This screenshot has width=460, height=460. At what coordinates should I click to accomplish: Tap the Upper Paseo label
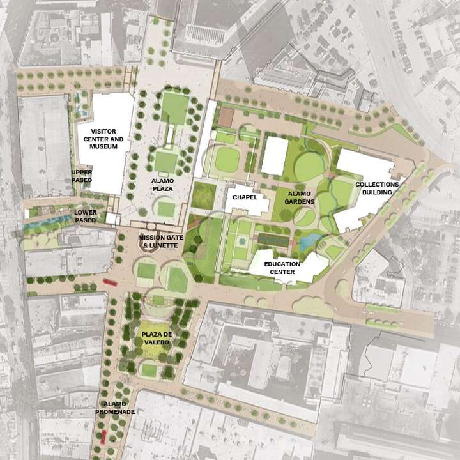click(x=82, y=176)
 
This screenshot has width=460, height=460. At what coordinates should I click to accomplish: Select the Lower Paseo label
click(x=85, y=216)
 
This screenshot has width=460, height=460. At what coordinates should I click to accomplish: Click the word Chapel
click(x=245, y=197)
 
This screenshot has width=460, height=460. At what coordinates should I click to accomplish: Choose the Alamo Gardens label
click(x=301, y=197)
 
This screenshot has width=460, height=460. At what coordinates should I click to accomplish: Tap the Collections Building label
click(x=377, y=188)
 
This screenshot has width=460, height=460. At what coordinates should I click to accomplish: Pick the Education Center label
click(x=281, y=268)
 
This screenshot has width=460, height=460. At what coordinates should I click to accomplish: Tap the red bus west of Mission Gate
click(x=109, y=281)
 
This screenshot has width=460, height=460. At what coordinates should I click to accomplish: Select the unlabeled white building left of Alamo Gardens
click(x=275, y=155)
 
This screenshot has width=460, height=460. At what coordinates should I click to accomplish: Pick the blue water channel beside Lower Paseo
click(x=48, y=224)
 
